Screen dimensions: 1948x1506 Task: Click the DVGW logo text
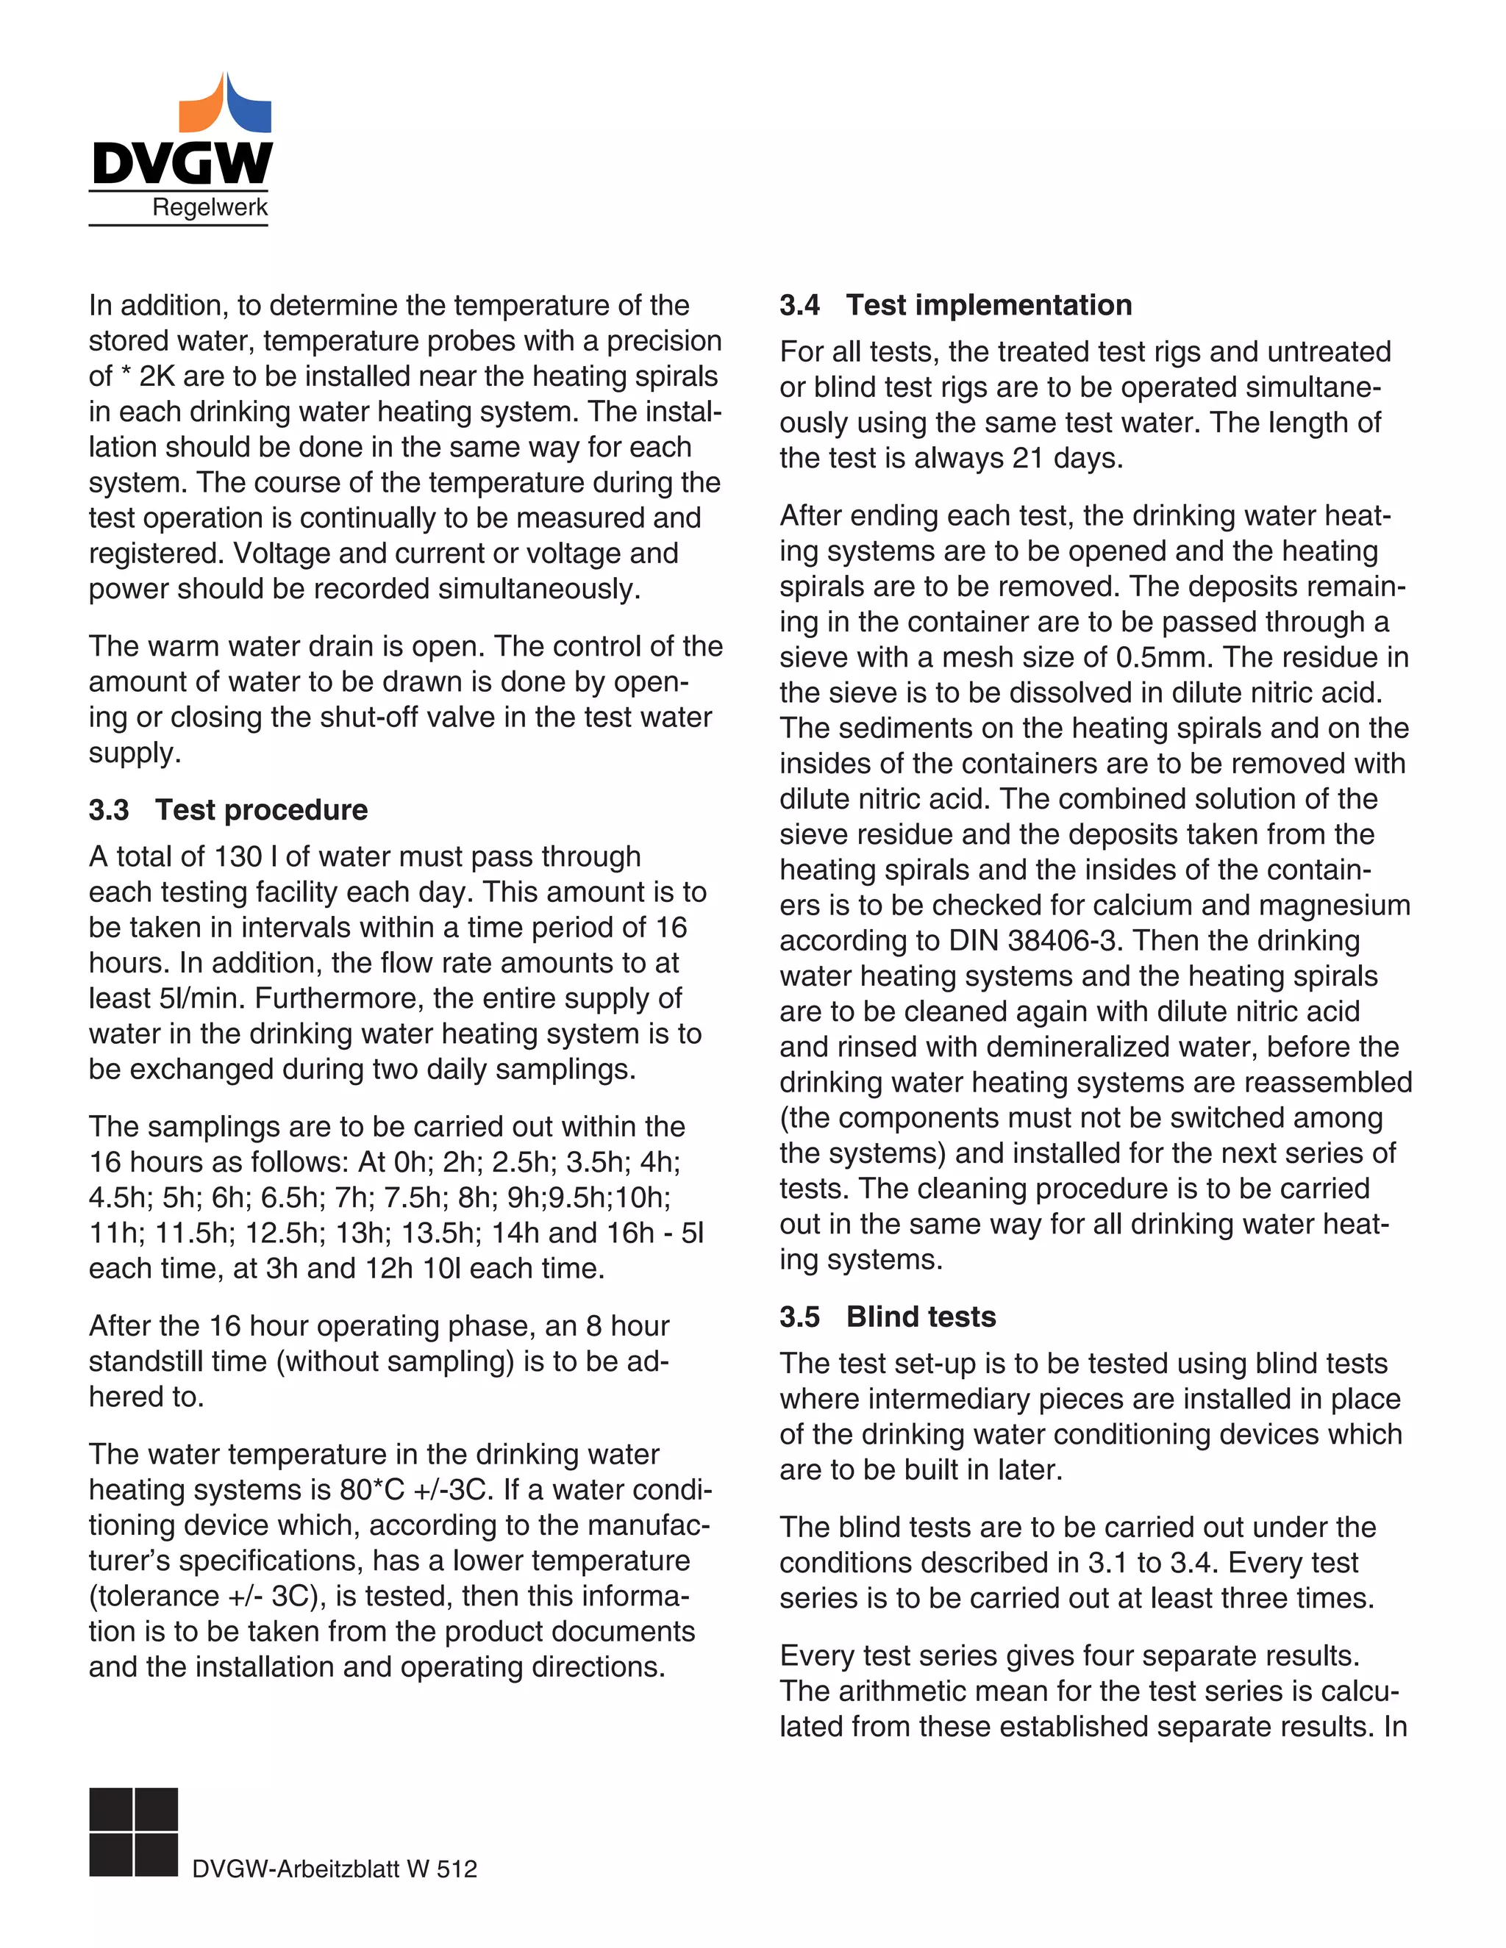[181, 163]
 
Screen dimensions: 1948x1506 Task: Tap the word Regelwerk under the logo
[210, 208]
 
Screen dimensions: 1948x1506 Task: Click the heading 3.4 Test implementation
[955, 305]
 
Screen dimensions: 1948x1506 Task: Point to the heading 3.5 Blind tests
[888, 1317]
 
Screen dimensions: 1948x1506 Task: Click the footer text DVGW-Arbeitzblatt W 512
[335, 1869]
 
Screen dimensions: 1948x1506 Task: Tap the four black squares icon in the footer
[134, 1831]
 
